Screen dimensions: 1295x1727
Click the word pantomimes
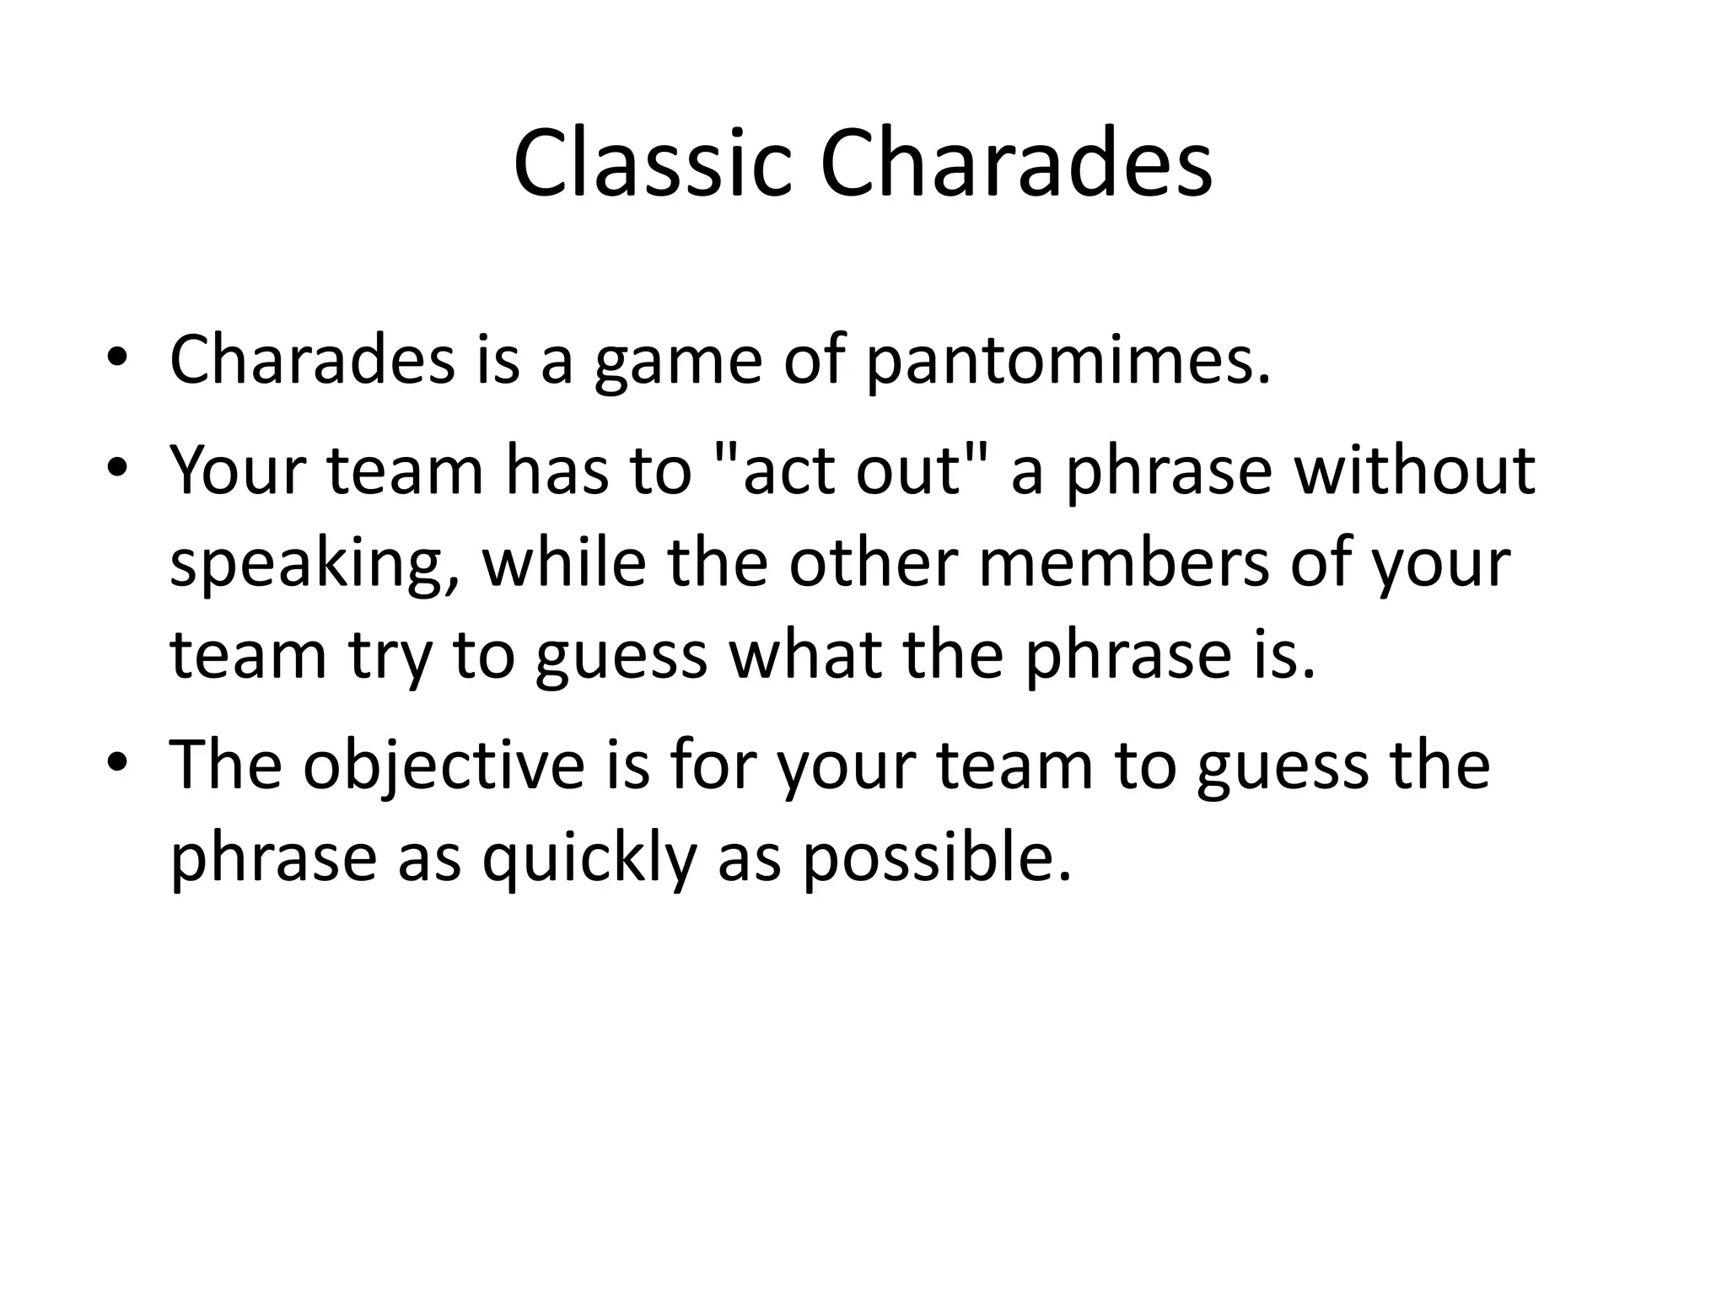(x=1067, y=361)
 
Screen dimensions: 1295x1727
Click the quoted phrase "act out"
(x=851, y=470)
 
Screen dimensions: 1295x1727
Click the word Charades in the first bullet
(x=312, y=360)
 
